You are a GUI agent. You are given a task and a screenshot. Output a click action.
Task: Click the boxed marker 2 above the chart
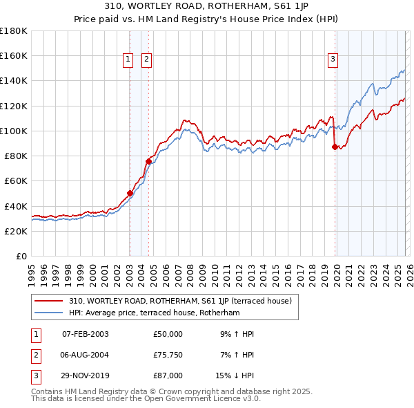point(148,60)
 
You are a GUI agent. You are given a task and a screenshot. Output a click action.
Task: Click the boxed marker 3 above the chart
point(333,60)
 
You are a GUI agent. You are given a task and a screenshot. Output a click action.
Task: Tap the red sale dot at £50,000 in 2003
point(130,194)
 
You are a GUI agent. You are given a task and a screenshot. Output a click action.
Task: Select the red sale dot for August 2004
point(148,161)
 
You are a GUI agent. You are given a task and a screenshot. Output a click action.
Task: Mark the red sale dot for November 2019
point(335,147)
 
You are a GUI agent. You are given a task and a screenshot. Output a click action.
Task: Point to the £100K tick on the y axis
point(14,131)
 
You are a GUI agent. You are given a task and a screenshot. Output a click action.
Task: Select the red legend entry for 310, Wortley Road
point(180,301)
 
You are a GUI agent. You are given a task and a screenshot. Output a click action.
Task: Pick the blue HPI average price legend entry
point(154,313)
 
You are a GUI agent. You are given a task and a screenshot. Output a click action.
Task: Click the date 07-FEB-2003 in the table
point(86,334)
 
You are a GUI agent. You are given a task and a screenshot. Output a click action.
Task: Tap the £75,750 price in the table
point(168,355)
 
